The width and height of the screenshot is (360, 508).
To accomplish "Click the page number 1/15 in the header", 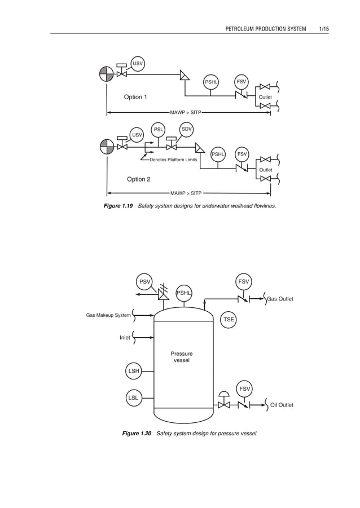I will click(323, 28).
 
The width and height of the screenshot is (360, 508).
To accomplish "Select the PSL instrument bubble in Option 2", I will click(159, 130).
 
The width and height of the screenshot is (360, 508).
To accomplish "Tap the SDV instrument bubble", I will click(187, 129).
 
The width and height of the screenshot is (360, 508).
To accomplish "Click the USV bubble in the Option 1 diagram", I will click(138, 63).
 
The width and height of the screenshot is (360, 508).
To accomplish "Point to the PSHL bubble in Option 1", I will click(212, 82).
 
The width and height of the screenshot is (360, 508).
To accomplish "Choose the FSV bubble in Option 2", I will click(242, 153).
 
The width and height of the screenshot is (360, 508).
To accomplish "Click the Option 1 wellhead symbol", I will click(106, 74).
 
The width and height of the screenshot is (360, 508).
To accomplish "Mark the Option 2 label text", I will click(139, 179).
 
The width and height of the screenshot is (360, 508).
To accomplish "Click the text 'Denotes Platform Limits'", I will click(173, 160).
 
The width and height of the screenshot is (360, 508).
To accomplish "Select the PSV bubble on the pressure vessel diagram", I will click(146, 281).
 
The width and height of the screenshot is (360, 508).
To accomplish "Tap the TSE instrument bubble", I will click(229, 319).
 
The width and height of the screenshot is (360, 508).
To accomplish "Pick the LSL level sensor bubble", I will click(134, 397).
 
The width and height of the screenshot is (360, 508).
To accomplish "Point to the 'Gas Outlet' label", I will click(280, 299).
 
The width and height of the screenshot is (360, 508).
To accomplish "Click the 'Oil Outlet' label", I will click(282, 405).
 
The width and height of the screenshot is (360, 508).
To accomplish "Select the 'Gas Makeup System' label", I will click(108, 315).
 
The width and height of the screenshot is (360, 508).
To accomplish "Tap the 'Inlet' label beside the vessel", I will click(125, 338).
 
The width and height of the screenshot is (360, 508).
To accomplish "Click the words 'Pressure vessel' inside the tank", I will click(182, 357).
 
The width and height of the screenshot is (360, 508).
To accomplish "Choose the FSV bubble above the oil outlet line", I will click(244, 388).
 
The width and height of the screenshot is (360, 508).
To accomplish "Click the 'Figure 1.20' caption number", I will click(137, 433).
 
